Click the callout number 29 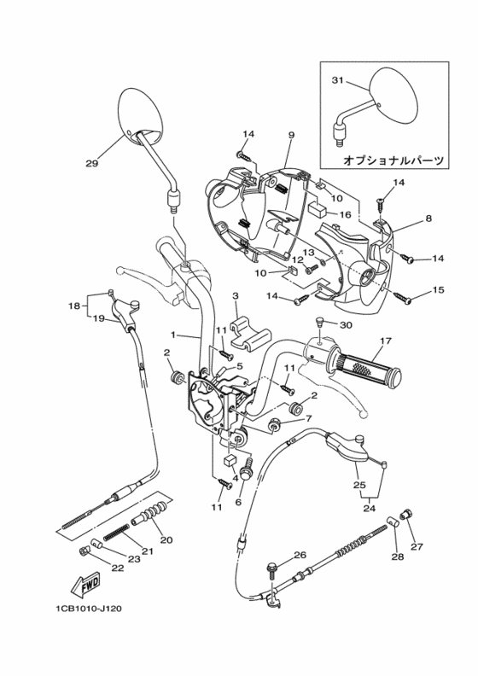[91, 163]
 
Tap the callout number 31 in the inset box [336, 81]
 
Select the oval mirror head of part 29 [139, 114]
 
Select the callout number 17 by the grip [384, 341]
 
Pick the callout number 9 [291, 136]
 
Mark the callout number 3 [235, 294]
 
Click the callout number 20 [166, 539]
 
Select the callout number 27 [416, 546]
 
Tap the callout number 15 [439, 290]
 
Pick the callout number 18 [74, 305]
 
